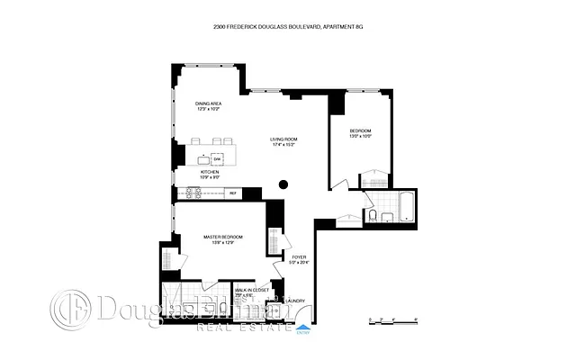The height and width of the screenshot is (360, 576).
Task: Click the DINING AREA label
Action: pyautogui.click(x=209, y=104)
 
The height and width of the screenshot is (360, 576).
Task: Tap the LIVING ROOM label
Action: pyautogui.click(x=284, y=139)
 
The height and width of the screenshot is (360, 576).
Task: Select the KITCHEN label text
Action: pyautogui.click(x=209, y=171)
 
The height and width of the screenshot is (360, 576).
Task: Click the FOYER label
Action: pyautogui.click(x=300, y=256)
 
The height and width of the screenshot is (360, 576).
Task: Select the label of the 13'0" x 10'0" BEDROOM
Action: pyautogui.click(x=360, y=131)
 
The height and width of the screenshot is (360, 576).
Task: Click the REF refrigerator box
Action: pyautogui.click(x=232, y=193)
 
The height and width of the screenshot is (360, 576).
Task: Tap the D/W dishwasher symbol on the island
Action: pyautogui.click(x=218, y=157)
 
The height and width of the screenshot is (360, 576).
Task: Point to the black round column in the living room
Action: pyautogui.click(x=283, y=185)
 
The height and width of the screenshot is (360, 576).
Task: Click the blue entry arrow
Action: pyautogui.click(x=302, y=327)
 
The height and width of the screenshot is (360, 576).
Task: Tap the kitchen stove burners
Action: pyautogui.click(x=194, y=192)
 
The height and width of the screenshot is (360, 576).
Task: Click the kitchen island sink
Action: pyautogui.click(x=203, y=158)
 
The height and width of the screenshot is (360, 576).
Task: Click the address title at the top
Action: pyautogui.click(x=288, y=28)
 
